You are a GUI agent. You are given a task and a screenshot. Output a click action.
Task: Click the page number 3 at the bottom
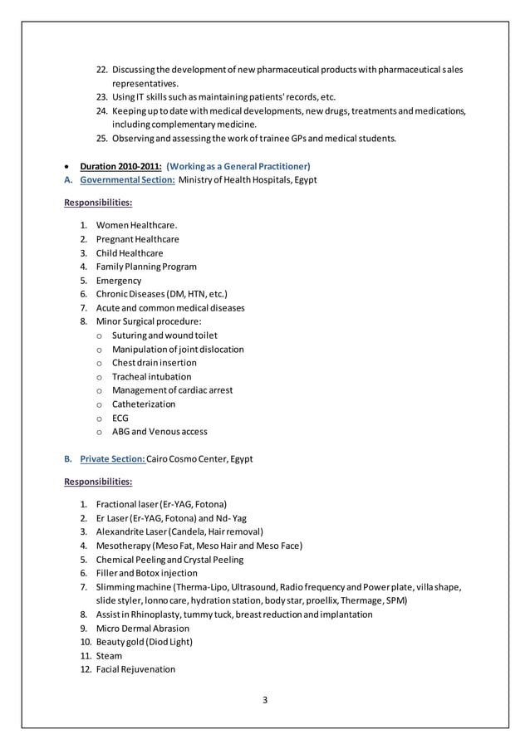(x=265, y=699)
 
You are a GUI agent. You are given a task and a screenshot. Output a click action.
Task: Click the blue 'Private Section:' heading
(x=112, y=458)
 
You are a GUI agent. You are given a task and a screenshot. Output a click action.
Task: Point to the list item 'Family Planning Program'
(x=146, y=267)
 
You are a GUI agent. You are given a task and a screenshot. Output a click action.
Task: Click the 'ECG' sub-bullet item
(x=120, y=418)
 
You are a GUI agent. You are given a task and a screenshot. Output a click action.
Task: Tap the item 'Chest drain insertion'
(x=154, y=363)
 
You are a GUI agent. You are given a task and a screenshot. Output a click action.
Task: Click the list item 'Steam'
(x=109, y=655)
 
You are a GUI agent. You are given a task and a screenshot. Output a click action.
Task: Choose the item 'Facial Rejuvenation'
(x=135, y=669)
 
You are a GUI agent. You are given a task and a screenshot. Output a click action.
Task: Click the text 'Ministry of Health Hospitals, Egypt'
(x=248, y=179)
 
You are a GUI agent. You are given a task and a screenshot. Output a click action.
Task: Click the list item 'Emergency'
(x=119, y=281)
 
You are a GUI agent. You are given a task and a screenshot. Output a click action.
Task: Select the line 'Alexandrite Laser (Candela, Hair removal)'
(x=179, y=531)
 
